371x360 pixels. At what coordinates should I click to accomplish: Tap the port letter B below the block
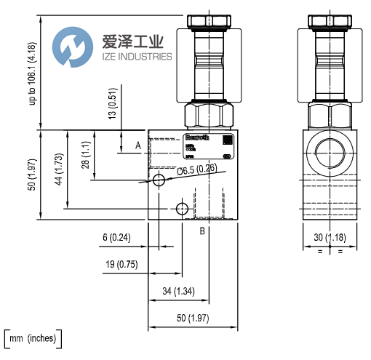(x=203, y=232)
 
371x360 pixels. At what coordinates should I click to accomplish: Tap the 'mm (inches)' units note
(x=33, y=338)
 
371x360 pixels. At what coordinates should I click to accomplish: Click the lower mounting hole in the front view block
(x=183, y=209)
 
